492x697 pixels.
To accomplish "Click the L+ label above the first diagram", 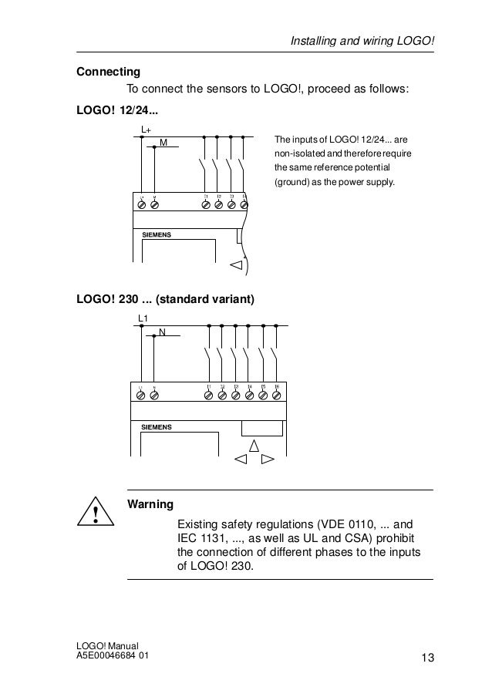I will click(x=146, y=129).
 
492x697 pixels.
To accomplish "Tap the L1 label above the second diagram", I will click(x=143, y=318).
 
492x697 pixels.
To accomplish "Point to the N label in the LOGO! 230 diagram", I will click(x=162, y=332).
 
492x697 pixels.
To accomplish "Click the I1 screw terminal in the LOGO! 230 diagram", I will click(x=208, y=395).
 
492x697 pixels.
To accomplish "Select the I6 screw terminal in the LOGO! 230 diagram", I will click(x=277, y=395).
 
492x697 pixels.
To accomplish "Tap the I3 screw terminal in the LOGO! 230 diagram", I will click(x=236, y=395).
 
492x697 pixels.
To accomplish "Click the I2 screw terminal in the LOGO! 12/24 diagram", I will click(x=219, y=206).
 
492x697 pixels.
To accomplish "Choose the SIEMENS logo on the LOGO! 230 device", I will click(x=157, y=426).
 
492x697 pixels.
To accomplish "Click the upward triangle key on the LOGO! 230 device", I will click(x=253, y=446).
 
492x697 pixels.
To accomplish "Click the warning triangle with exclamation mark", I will click(x=95, y=513).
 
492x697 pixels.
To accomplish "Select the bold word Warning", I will click(x=150, y=504).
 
